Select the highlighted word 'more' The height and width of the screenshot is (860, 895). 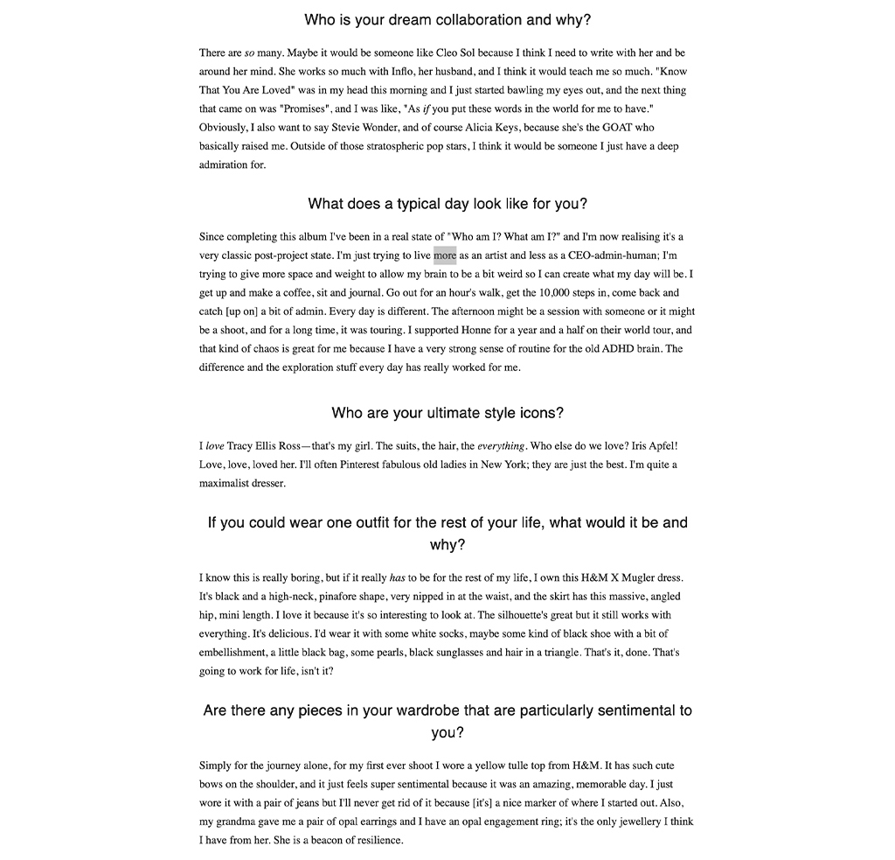point(445,255)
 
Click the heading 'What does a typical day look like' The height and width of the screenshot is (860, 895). point(447,204)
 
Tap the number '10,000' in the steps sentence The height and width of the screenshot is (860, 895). point(556,293)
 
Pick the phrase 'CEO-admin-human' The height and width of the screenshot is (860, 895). point(611,255)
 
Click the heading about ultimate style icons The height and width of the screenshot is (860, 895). point(447,413)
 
